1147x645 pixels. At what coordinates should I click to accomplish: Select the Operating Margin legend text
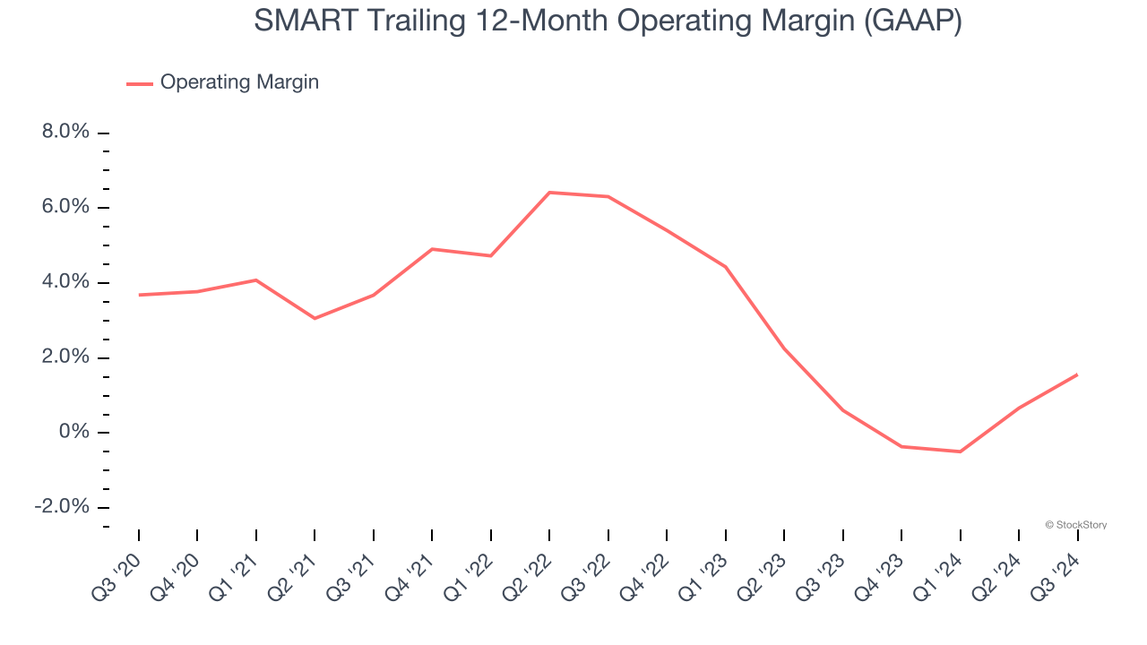(x=239, y=82)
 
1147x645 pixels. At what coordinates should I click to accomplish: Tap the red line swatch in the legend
(x=140, y=83)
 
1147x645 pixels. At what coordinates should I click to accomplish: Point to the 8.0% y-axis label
(x=65, y=133)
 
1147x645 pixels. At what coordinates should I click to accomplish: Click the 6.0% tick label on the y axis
(x=65, y=207)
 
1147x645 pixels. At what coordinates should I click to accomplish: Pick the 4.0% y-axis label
(x=65, y=282)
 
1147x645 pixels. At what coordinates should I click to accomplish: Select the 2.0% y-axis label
(x=65, y=357)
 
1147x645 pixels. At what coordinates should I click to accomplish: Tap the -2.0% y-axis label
(x=62, y=507)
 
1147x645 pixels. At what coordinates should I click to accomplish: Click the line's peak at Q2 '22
(x=549, y=192)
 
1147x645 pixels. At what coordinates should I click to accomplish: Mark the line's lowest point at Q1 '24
(x=960, y=451)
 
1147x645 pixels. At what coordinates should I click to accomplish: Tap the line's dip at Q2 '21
(x=315, y=318)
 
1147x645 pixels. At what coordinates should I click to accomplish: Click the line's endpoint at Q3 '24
(x=1076, y=374)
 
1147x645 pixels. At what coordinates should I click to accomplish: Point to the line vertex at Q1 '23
(x=725, y=267)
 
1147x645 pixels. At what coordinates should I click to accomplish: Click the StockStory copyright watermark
(x=1075, y=525)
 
